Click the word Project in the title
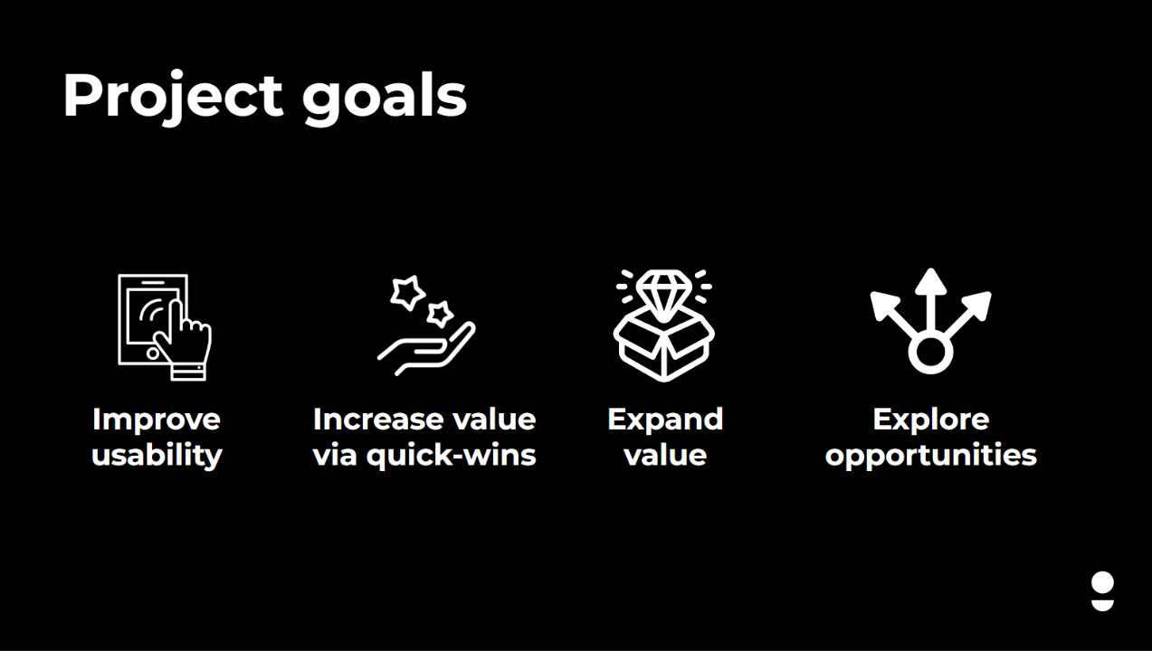tap(173, 98)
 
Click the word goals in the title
tap(385, 98)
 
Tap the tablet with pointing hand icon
tap(165, 327)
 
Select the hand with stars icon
tap(426, 325)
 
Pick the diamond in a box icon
tap(663, 325)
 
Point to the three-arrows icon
tap(930, 321)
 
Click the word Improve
tap(157, 420)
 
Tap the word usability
tap(157, 455)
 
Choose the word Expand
tap(665, 420)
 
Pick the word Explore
tap(931, 420)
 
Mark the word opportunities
tap(931, 455)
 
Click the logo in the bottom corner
tap(1102, 591)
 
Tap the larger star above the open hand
tap(407, 293)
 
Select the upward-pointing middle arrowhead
tap(930, 282)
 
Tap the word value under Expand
tap(665, 455)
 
